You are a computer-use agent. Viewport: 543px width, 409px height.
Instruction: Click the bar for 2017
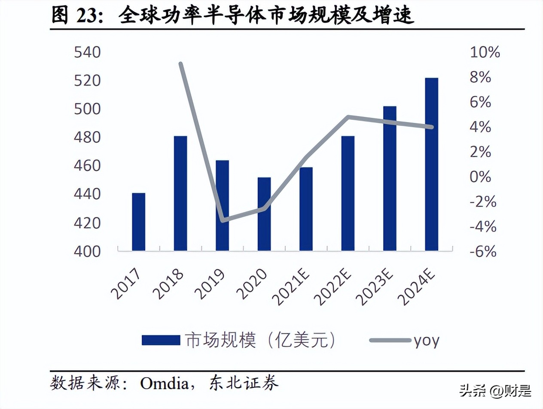coord(138,222)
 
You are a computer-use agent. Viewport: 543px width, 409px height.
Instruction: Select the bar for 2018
coord(180,193)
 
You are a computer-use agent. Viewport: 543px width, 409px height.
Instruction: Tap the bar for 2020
coord(264,214)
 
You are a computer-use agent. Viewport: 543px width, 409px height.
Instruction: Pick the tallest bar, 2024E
coord(431,164)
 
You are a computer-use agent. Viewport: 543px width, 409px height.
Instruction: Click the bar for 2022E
coord(348,193)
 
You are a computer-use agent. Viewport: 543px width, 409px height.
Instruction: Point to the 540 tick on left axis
coord(87,53)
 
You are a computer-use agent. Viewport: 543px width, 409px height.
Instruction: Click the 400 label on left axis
coord(87,251)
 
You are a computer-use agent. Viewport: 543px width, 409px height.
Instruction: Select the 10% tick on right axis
coord(485,53)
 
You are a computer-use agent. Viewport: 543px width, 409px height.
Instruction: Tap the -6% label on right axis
coord(483,251)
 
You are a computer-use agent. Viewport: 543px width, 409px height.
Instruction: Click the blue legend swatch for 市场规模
coord(161,340)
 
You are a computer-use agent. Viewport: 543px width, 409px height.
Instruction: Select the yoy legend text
coord(426,340)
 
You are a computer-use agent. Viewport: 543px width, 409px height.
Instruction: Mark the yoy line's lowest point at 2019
coord(223,220)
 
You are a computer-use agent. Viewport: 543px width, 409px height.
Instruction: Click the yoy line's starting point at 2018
coord(181,64)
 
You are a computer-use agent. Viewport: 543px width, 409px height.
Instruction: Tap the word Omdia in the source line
coord(164,382)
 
